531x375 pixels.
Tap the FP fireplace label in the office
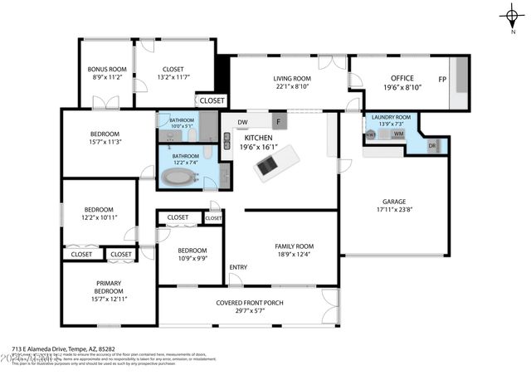pos(442,80)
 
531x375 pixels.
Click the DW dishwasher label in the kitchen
pos(241,124)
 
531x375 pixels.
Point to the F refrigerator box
pos(278,123)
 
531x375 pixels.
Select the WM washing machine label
pos(398,134)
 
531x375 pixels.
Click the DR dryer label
pos(431,146)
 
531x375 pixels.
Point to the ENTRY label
pos(238,267)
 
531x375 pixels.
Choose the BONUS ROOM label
pos(106,69)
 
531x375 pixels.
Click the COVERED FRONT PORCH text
pos(249,303)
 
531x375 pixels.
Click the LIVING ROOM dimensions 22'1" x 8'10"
pos(292,86)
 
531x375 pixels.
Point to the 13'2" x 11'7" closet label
pos(173,77)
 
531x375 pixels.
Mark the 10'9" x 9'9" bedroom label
pos(192,258)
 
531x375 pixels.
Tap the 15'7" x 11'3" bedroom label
pos(105,142)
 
